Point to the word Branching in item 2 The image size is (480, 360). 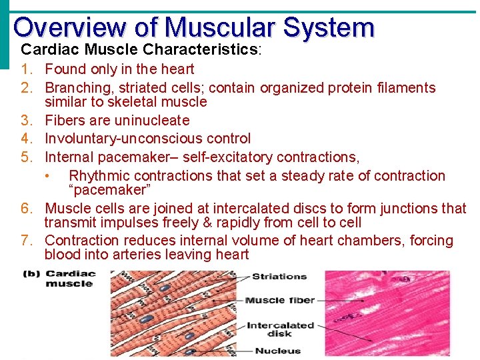73,87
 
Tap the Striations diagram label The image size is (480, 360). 279,276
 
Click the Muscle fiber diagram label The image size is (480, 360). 279,300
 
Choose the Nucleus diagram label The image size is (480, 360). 277,351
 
